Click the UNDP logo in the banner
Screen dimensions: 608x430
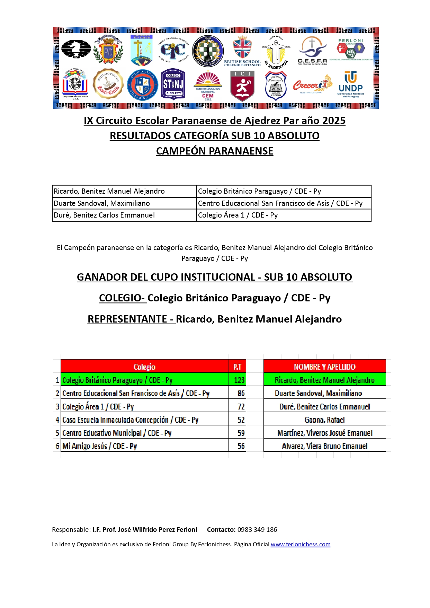351,85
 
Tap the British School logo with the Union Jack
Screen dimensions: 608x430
242,51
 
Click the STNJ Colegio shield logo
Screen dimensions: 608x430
173,85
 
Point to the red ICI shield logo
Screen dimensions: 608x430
242,85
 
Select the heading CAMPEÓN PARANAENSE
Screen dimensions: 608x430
215,151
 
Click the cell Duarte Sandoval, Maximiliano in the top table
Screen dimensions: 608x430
102,203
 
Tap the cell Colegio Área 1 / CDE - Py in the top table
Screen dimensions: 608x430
238,215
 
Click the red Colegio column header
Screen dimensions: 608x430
144,367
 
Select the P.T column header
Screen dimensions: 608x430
237,367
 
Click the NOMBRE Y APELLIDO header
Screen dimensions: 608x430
324,367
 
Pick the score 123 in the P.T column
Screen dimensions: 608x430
239,380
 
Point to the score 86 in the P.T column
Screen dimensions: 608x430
241,393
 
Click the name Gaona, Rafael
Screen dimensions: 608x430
324,420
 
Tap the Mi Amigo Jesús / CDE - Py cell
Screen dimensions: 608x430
100,446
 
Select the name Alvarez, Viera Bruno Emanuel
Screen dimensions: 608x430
324,446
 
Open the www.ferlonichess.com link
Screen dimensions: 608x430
301,544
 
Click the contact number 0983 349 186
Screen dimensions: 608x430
257,529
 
